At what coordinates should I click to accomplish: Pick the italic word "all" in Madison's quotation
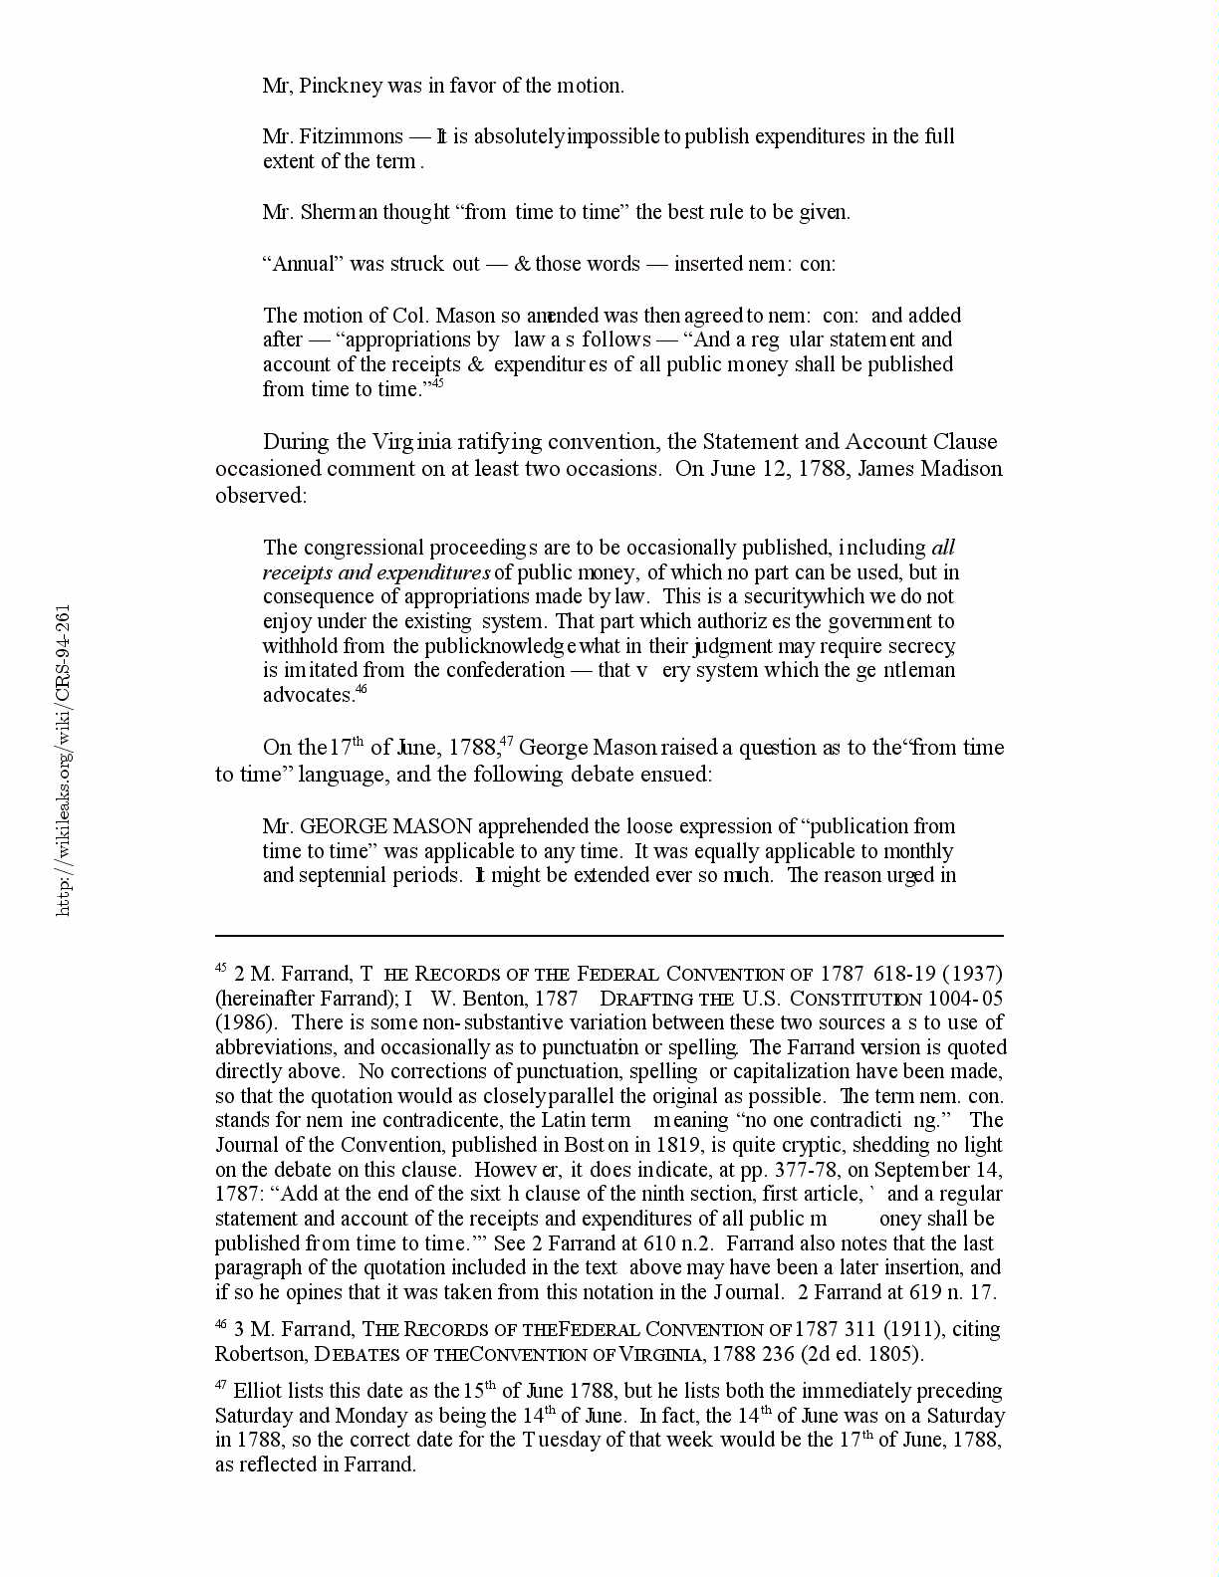pos(943,548)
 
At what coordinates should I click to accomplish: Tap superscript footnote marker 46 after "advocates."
pos(362,689)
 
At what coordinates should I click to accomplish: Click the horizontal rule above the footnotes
pos(609,936)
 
